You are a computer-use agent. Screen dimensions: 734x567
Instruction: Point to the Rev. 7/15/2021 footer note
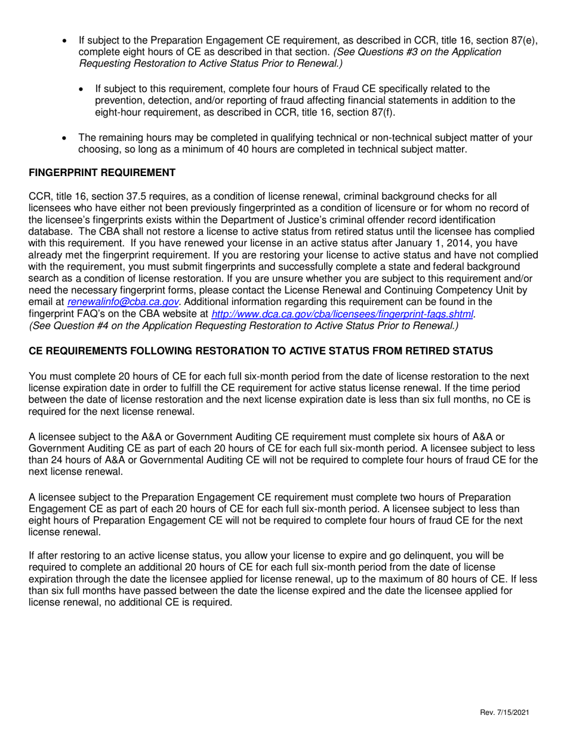(x=503, y=713)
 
